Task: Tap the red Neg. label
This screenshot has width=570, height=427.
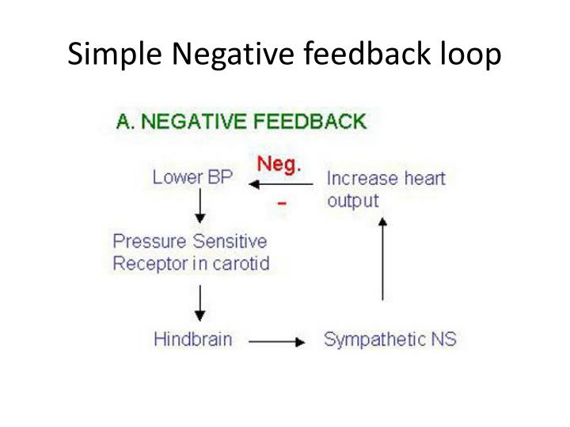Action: [279, 165]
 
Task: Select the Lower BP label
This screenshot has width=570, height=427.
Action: [193, 177]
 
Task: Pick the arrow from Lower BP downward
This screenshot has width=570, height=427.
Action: [201, 206]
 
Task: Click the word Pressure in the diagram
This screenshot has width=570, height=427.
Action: [146, 240]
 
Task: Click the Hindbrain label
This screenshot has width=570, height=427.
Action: [193, 340]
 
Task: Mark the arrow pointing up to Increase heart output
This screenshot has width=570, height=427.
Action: [383, 259]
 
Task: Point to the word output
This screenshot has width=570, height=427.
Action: [353, 201]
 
